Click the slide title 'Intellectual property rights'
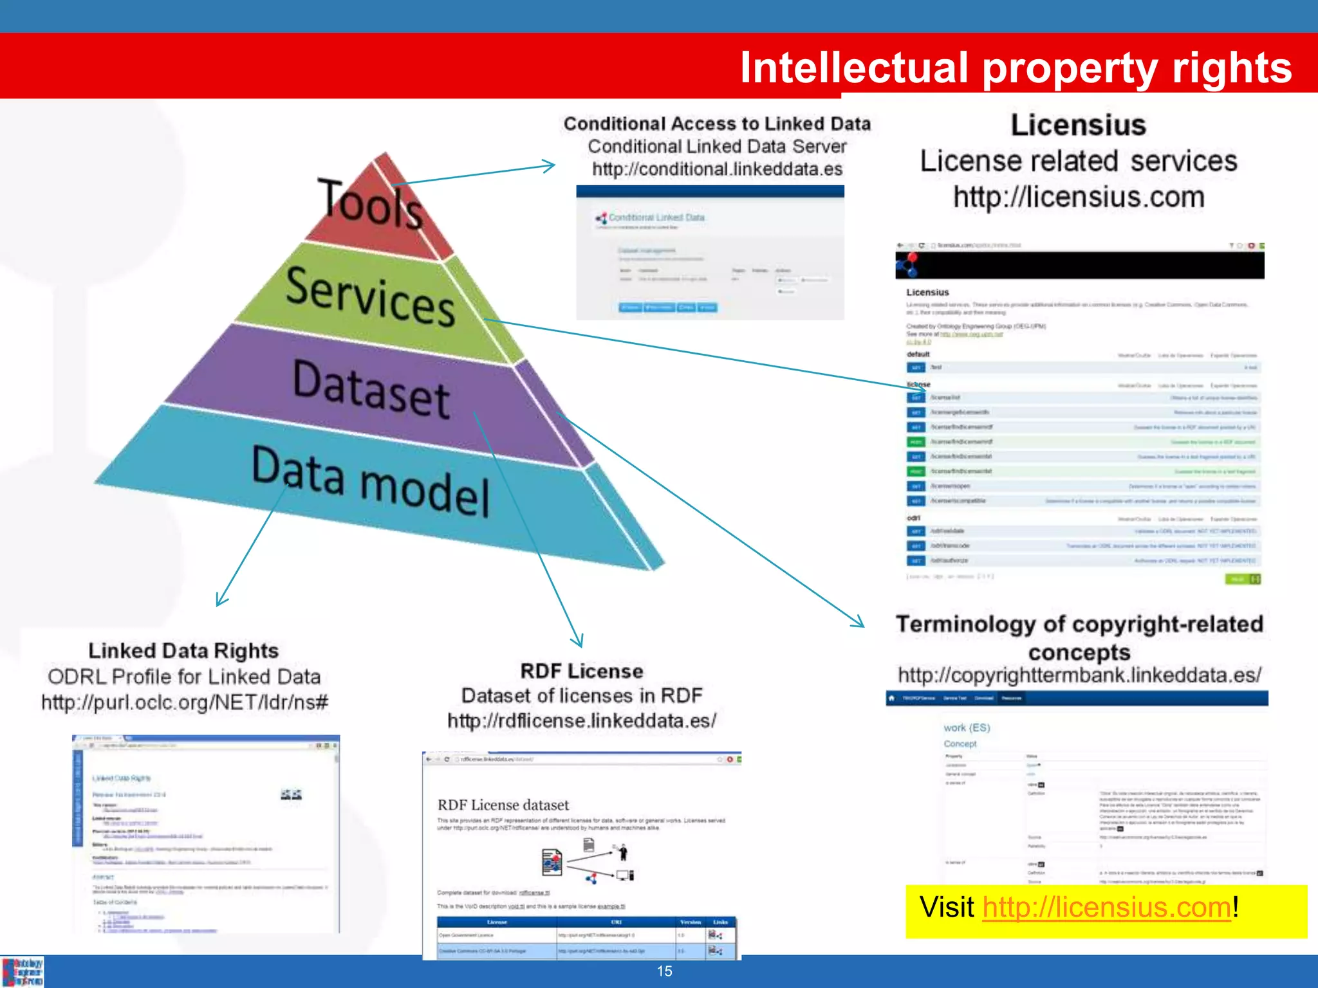1016,68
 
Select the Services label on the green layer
371,296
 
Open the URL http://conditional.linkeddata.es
717,169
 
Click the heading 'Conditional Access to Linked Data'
717,123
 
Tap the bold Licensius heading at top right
1079,125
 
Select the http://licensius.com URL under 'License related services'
1079,197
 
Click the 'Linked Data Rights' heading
183,651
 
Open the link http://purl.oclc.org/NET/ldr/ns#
185,702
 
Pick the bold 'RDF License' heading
582,671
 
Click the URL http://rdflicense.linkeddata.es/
582,721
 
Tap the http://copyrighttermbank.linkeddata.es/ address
1080,675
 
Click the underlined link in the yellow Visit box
1106,908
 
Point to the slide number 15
665,971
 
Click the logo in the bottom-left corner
23,972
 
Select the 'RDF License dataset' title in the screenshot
503,805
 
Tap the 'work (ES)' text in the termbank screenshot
967,727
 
